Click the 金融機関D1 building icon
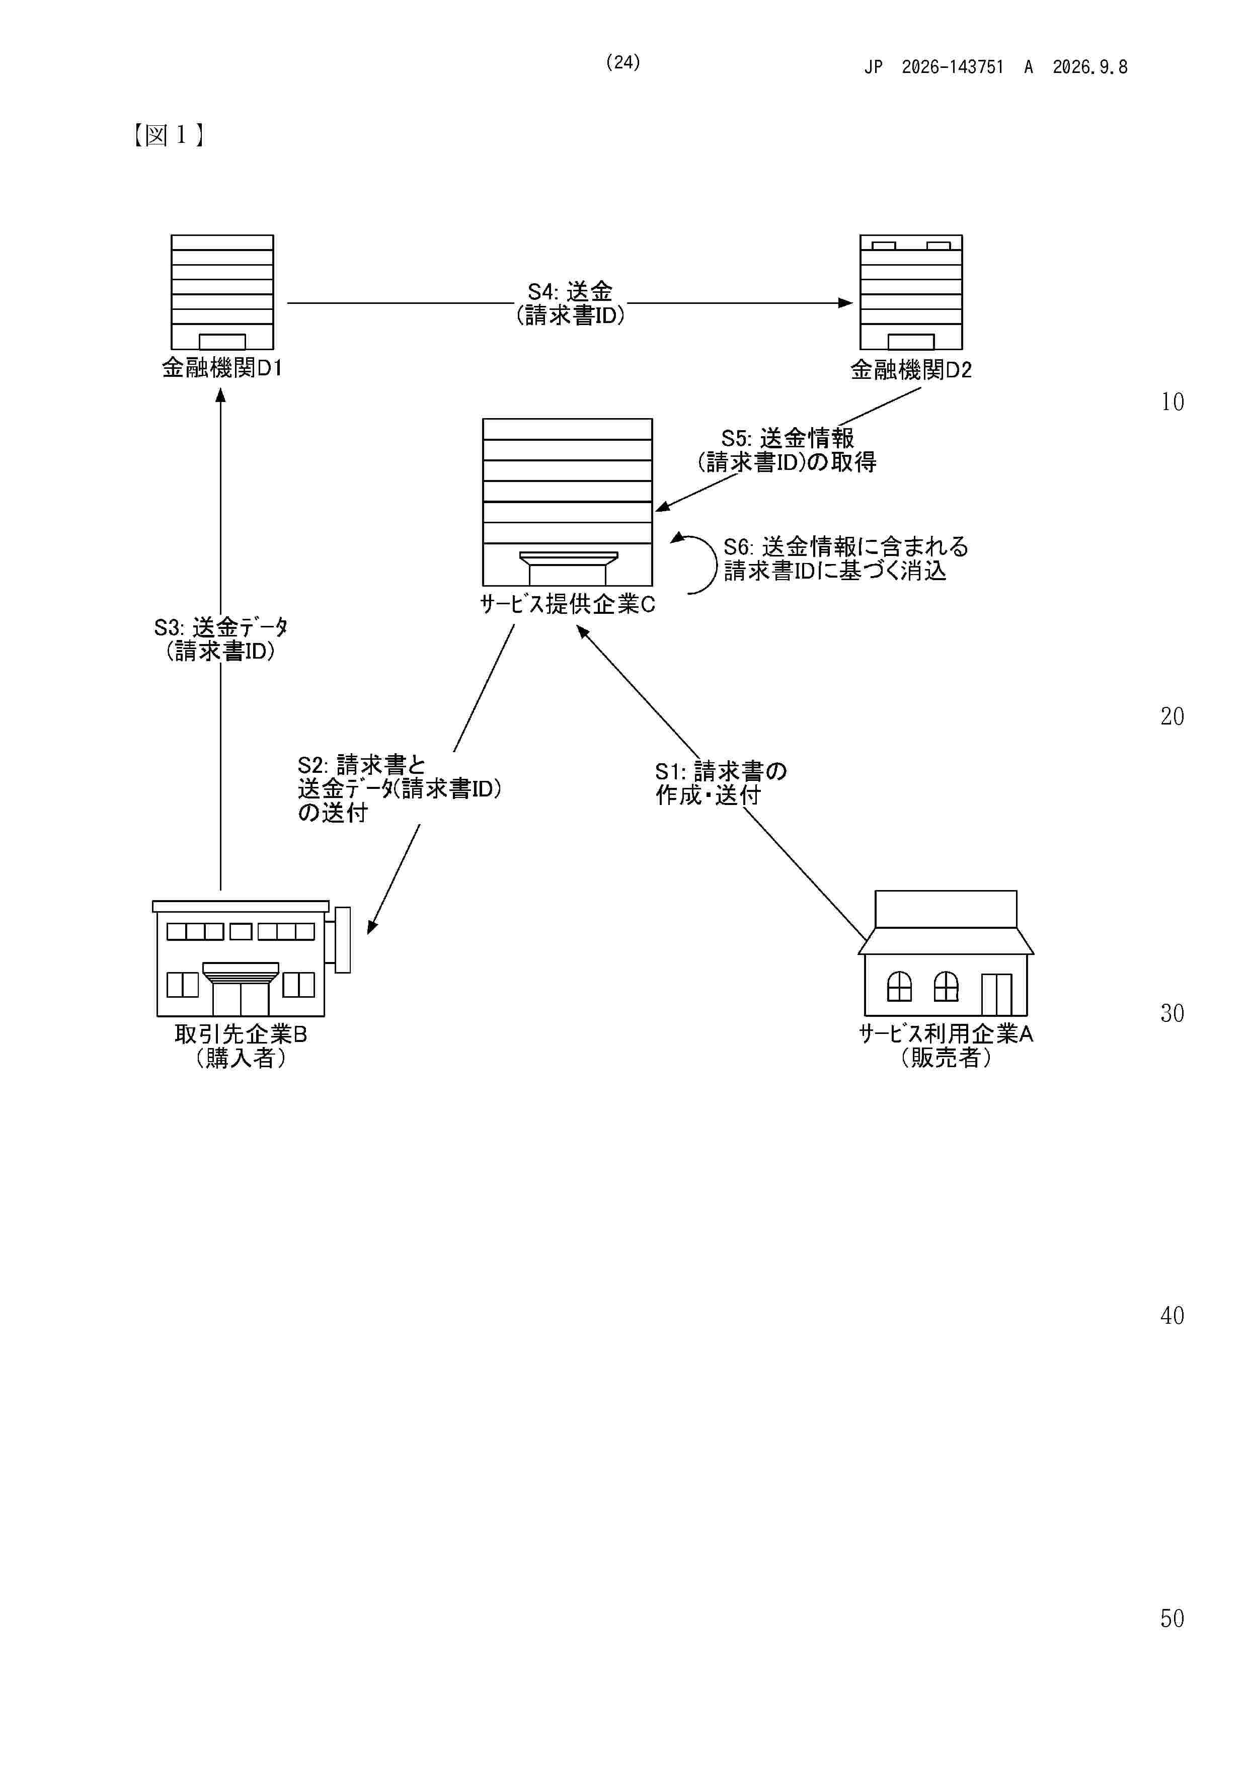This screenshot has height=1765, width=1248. pos(222,292)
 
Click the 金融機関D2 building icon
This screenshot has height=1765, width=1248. pos(911,292)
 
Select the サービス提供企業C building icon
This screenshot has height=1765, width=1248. pos(568,502)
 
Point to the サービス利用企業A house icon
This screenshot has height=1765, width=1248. pos(946,953)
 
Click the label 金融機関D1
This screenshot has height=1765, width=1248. pos(222,368)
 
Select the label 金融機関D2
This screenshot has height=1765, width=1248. pos(911,370)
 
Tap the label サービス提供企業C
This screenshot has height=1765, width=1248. pos(568,604)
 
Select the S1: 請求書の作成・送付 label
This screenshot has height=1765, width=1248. pos(721,782)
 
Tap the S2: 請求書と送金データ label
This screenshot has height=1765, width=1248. pos(399,789)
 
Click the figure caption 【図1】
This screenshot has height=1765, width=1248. pos(168,135)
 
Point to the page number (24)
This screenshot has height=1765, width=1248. pos(623,62)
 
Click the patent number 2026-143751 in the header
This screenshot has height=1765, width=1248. pos(953,67)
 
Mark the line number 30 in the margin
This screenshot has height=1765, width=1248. pos(1172,1013)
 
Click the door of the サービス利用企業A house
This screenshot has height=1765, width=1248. pos(996,995)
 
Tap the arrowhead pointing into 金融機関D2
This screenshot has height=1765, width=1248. pos(846,303)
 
